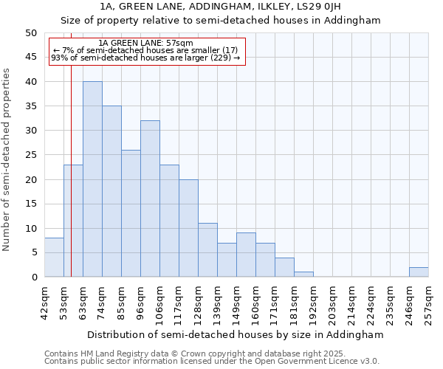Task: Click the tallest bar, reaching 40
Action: tap(92, 179)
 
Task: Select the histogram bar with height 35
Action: tap(111, 191)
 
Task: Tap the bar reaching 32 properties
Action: tap(150, 199)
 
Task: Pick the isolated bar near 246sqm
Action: tap(419, 272)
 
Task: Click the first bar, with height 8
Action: tap(54, 258)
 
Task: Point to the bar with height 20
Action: tap(188, 228)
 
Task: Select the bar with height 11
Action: tap(207, 250)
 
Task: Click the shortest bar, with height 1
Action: tap(303, 275)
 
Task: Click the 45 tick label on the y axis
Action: tap(31, 58)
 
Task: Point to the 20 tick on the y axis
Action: tap(31, 179)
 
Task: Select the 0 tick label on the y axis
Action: tap(34, 277)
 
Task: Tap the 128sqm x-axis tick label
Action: tap(199, 301)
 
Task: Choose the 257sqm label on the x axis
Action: tap(429, 301)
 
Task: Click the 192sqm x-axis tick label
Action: tap(314, 301)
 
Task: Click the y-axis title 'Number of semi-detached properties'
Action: tap(7, 159)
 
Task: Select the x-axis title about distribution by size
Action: tap(236, 334)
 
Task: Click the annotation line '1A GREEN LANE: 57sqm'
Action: tap(145, 44)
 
